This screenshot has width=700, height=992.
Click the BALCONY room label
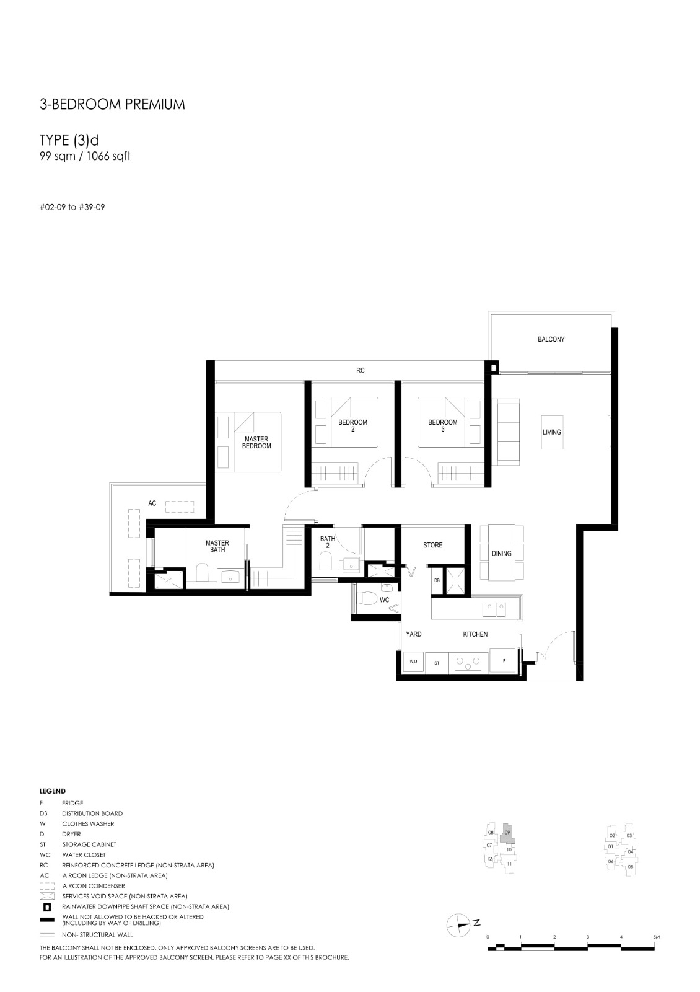click(551, 339)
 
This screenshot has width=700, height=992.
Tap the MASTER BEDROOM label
click(256, 443)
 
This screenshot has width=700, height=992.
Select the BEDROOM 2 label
click(352, 425)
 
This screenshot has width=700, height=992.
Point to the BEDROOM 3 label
click(442, 425)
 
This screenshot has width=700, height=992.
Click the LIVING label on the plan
click(551, 432)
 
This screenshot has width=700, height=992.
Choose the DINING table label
click(501, 554)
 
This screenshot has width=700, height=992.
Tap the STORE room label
click(432, 545)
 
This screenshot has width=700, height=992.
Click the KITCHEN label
click(475, 634)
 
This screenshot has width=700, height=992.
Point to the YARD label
click(414, 634)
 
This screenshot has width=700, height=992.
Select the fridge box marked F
click(502, 661)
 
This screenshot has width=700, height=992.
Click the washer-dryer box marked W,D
click(413, 662)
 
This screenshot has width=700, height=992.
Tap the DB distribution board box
click(437, 580)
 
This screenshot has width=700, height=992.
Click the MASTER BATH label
click(217, 546)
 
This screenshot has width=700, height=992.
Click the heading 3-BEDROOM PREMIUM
click(112, 105)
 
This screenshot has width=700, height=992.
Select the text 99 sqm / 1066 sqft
click(85, 156)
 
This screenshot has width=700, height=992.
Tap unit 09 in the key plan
click(507, 833)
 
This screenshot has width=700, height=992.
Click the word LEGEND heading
click(52, 791)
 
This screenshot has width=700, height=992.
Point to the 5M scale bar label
click(656, 937)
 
